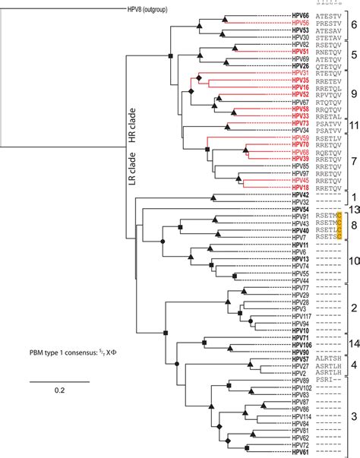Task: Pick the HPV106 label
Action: [x=300, y=365]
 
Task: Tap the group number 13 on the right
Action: [x=352, y=209]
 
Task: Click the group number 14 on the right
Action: [x=352, y=365]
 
